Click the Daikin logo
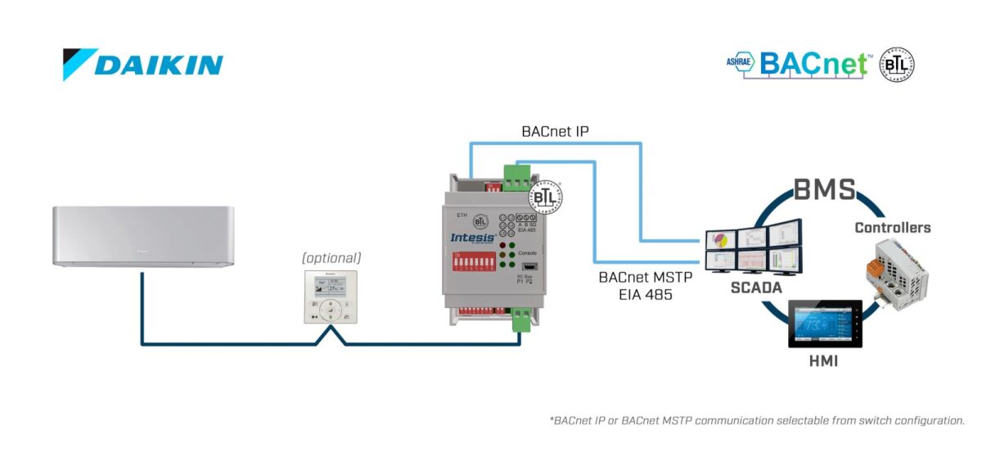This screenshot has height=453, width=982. point(143,65)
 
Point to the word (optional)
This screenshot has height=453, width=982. point(331,258)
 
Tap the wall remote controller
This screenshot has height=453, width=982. point(331,297)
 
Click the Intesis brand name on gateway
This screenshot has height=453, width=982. point(473,237)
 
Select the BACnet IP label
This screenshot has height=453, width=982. point(555,131)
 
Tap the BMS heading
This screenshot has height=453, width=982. point(824,191)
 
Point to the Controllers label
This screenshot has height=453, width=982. point(893,228)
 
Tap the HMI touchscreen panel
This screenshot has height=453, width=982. point(825,326)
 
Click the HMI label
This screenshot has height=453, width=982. point(823,361)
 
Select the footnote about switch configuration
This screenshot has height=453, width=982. point(757,420)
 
